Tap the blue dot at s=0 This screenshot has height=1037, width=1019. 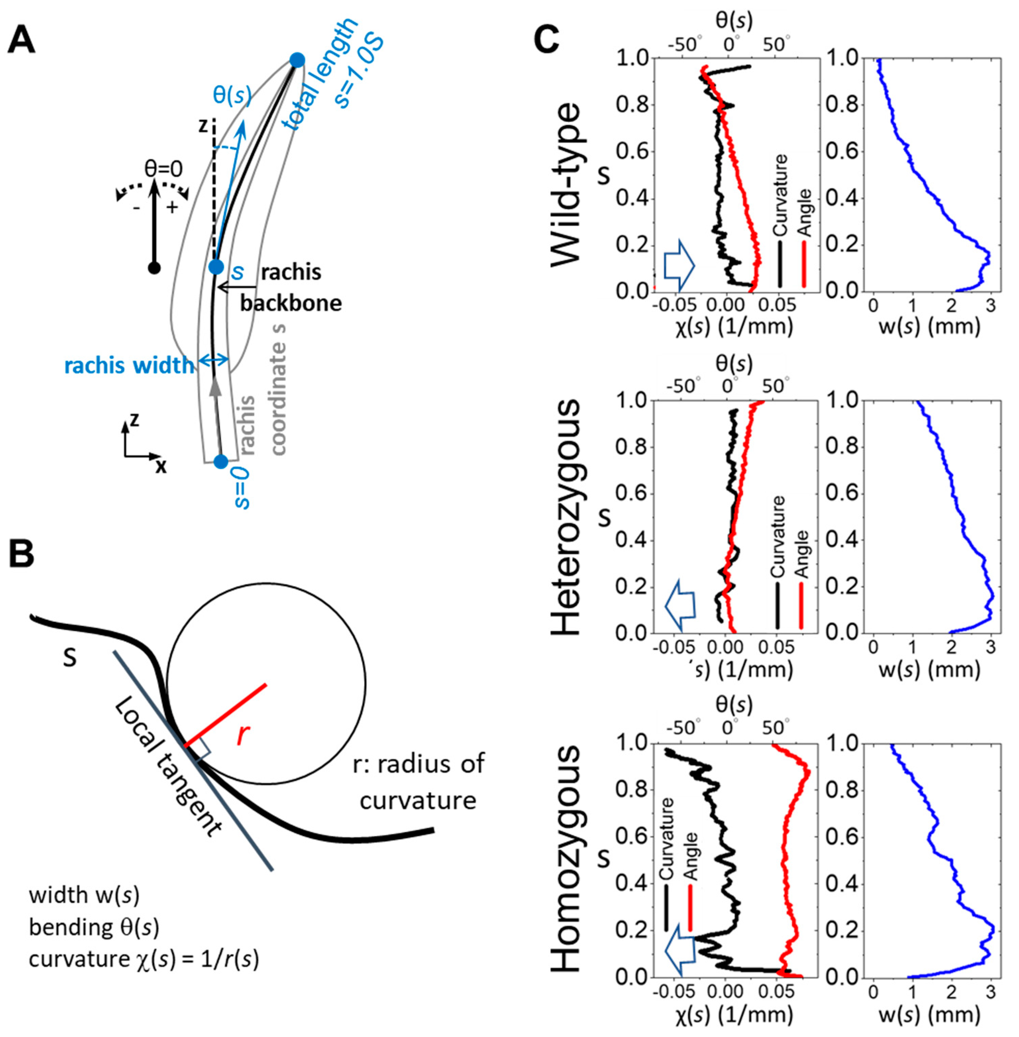[x=221, y=461]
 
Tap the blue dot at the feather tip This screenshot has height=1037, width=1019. [x=297, y=59]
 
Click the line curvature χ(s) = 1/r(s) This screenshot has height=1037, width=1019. [x=143, y=960]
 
